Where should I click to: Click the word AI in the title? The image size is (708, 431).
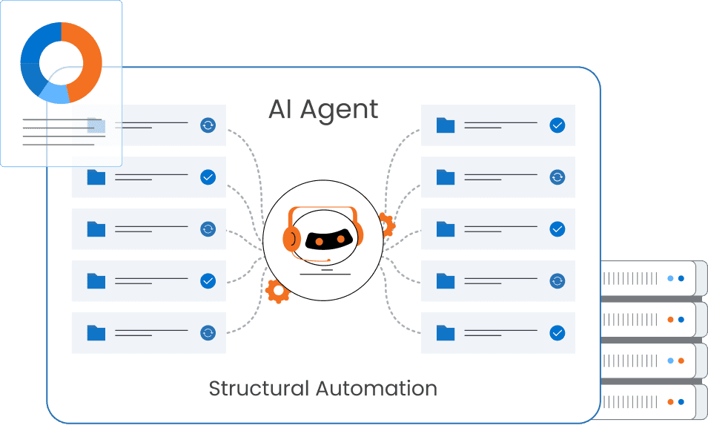279,110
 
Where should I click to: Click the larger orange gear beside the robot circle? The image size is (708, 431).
277,292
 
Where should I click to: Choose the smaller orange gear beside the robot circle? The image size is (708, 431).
386,224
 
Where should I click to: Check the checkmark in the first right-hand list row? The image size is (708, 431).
558,125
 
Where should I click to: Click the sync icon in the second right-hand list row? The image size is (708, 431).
558,177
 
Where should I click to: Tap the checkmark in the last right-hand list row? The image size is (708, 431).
558,333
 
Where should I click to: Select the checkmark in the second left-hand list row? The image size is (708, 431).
208,177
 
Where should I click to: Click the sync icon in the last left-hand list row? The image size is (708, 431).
208,333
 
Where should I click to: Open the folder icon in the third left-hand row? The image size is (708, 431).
96,229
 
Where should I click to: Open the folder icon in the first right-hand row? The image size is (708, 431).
446,125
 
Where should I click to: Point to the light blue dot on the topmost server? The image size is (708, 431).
669,279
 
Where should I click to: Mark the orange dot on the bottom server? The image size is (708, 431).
669,402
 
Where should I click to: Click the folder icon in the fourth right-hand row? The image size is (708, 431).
446,281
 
